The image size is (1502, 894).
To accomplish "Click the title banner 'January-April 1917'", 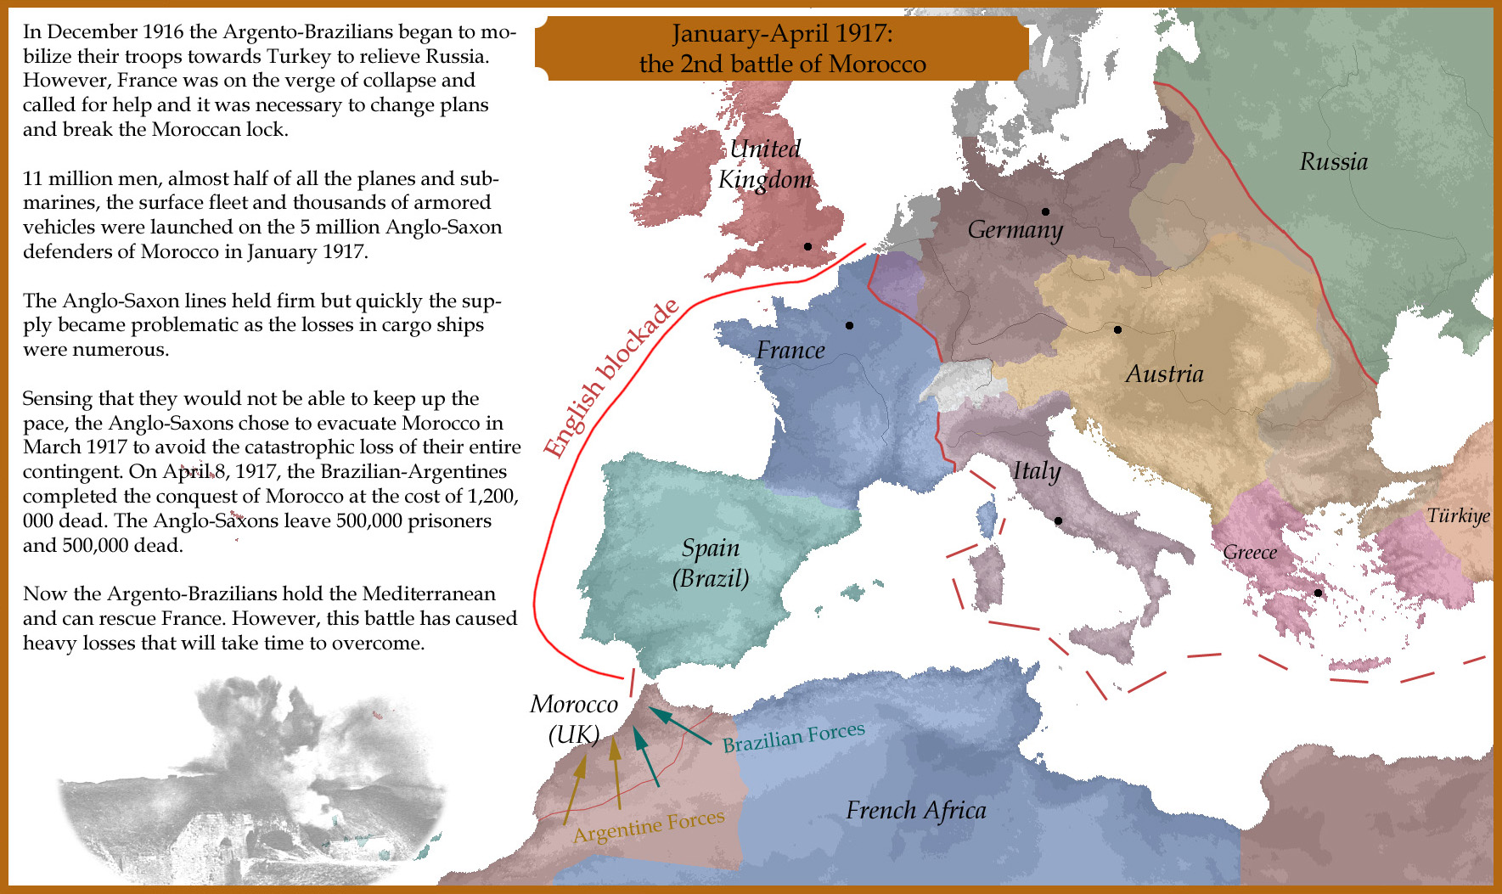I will click(x=782, y=48).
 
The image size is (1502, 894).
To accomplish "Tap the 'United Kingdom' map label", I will click(x=764, y=164).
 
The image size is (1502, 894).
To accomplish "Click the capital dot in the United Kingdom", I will click(x=807, y=246).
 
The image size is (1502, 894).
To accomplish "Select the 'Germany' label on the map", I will click(x=1015, y=229).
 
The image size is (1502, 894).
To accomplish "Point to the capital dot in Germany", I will click(x=1045, y=211).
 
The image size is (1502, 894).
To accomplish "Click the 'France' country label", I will click(x=790, y=350).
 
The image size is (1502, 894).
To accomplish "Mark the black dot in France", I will click(x=849, y=325).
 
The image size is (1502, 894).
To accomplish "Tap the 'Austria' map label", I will click(x=1164, y=374).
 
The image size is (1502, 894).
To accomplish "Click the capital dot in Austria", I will click(x=1117, y=329).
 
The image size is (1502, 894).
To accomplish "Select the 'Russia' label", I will click(x=1333, y=161).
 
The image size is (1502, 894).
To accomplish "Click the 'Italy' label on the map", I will click(x=1036, y=470).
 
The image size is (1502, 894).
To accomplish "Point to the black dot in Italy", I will click(x=1058, y=520).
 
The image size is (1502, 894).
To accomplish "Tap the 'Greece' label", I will click(x=1250, y=552).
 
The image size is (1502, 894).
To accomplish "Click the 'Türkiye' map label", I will click(x=1458, y=515).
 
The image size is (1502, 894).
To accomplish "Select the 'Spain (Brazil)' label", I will click(x=711, y=563).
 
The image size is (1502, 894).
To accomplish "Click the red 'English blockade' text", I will click(x=610, y=380).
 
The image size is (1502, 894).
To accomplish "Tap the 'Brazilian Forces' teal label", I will click(x=793, y=736).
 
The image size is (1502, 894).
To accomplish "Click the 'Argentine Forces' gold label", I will click(x=649, y=825).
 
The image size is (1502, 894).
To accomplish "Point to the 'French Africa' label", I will click(x=915, y=810).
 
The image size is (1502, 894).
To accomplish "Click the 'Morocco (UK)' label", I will click(x=574, y=718).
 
